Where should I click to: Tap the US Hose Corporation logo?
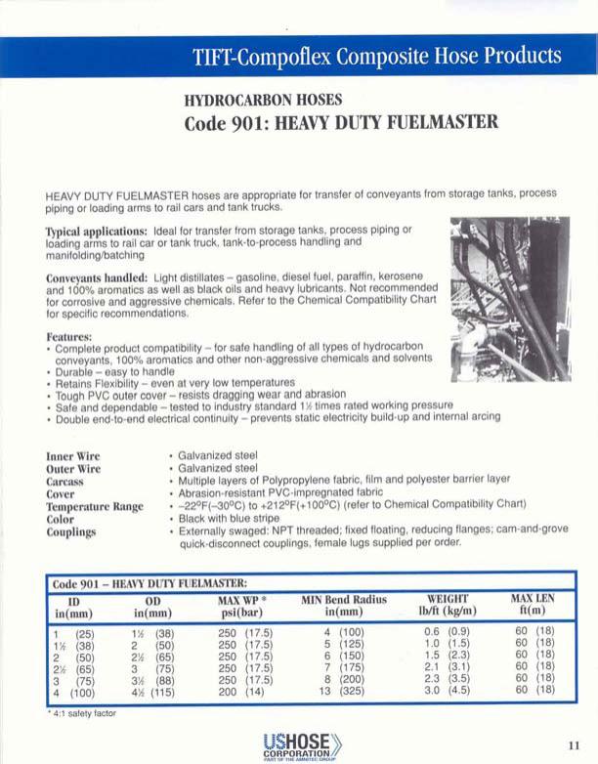298,744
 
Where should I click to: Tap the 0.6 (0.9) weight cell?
448,632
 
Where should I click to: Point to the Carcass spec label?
69,481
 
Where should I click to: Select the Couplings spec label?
71,532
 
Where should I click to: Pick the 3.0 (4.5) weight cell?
448,690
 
